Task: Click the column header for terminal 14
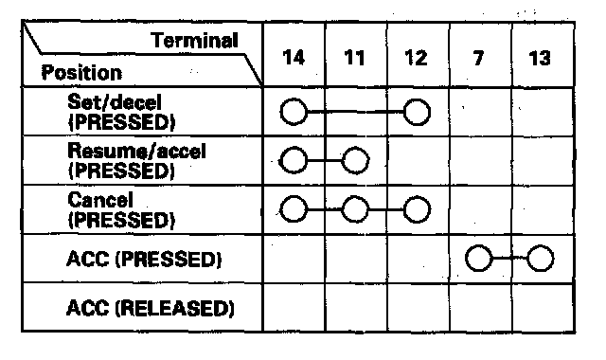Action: click(294, 58)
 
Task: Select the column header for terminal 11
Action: click(355, 58)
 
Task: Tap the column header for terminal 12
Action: click(417, 58)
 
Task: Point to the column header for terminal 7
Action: click(478, 58)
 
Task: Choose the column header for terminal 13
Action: click(540, 58)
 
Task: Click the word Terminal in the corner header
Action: click(194, 41)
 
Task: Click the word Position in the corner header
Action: click(81, 72)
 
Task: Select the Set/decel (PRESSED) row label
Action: click(121, 112)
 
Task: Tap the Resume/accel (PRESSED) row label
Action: click(136, 160)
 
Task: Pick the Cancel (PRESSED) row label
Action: click(121, 210)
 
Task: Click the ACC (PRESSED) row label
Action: click(144, 259)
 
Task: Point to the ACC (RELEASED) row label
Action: click(151, 308)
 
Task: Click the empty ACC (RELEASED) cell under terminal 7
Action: click(481, 307)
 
